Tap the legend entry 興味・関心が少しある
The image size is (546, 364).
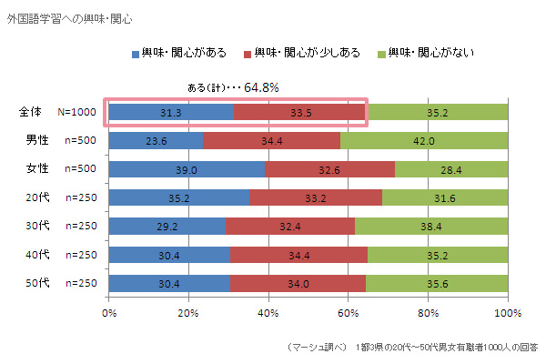tap(308, 53)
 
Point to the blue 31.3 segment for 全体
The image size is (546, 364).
tap(171, 113)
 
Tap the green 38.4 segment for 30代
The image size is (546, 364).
tap(431, 226)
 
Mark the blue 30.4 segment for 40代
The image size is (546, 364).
tap(169, 254)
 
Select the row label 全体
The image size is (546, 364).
tap(31, 113)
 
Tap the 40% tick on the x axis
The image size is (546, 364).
tap(268, 314)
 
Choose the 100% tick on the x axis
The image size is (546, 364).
tap(507, 314)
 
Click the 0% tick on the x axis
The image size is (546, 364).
tap(109, 314)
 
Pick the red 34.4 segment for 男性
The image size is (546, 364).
tap(271, 141)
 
